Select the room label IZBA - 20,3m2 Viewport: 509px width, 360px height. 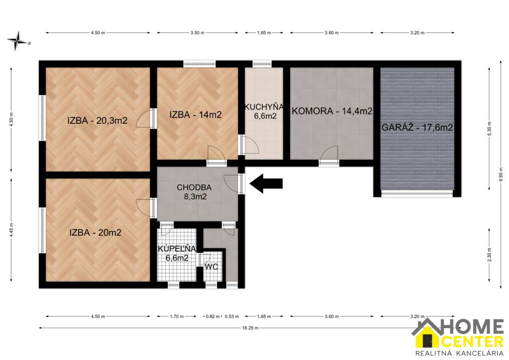98,120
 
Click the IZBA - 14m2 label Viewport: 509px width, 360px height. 195,114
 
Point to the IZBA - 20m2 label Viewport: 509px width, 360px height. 95,232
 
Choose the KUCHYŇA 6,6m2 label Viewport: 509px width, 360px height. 263,111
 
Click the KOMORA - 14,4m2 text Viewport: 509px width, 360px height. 332,111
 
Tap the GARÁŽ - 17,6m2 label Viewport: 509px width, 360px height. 417,127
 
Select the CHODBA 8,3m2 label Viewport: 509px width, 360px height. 194,192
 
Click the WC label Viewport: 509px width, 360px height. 211,267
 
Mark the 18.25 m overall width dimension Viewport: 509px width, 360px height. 247,328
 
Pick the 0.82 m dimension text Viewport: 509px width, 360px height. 212,316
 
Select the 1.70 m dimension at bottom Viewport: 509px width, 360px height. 176,316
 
